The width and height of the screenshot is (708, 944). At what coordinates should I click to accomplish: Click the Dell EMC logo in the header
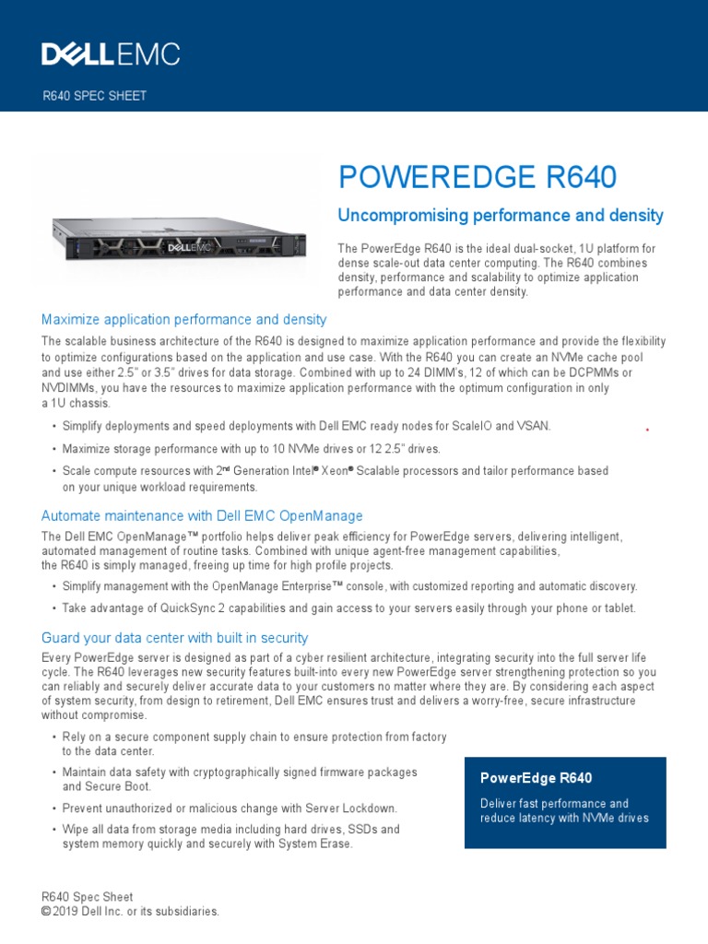pos(111,54)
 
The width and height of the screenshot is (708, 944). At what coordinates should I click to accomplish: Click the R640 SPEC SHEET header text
pos(95,96)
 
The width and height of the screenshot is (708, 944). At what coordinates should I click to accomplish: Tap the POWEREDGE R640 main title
pos(478,177)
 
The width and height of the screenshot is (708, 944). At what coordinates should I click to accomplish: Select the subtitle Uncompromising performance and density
pos(501,216)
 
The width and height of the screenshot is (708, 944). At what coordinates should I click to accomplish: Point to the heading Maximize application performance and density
pos(183,320)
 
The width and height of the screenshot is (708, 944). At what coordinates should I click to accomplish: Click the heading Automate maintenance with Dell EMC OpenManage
pos(202,516)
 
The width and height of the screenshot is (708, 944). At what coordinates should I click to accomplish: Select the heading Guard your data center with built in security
pos(175,638)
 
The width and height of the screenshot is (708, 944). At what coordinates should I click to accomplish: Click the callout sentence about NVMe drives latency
pos(564,810)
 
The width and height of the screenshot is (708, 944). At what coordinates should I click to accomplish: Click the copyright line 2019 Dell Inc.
pos(131,911)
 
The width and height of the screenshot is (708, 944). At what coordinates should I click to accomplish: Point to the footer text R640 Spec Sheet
pos(88,897)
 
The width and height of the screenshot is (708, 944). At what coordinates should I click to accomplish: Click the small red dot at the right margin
pos(647,430)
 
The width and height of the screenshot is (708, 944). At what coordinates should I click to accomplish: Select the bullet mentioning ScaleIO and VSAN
pos(305,426)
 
